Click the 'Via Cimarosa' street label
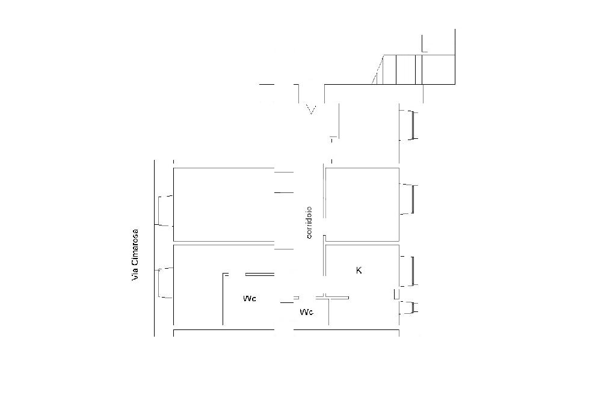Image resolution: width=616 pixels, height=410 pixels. (x=135, y=254)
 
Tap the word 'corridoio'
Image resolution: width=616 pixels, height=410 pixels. (x=309, y=222)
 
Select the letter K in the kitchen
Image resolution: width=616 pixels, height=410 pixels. (x=359, y=271)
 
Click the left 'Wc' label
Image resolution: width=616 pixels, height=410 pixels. (x=250, y=299)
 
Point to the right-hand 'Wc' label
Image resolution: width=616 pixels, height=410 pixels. (x=306, y=312)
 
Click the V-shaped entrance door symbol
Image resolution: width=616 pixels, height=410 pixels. (x=311, y=109)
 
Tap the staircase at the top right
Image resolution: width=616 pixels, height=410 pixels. (x=415, y=69)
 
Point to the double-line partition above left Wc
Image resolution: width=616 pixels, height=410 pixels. (x=260, y=274)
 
